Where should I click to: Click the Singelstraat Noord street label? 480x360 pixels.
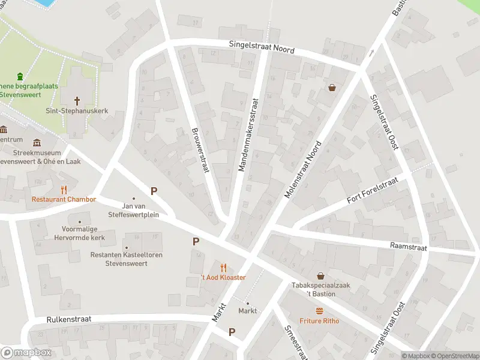click(262, 47)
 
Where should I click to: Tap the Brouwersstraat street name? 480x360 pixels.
click(199, 150)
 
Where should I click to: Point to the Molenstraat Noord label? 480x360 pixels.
click(304, 169)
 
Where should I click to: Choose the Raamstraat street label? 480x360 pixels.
click(408, 246)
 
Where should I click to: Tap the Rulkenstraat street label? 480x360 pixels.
click(69, 319)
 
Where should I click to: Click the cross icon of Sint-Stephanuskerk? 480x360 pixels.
click(77, 100)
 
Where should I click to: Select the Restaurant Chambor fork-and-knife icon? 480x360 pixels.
click(64, 189)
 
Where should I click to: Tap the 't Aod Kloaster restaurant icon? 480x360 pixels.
click(223, 268)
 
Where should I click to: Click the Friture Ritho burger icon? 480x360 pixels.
click(319, 311)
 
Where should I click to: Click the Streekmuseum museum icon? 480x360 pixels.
click(38, 143)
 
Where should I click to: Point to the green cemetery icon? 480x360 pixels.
click(20, 76)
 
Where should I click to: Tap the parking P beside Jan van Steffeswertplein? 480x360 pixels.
click(154, 191)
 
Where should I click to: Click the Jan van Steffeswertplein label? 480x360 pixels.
click(133, 210)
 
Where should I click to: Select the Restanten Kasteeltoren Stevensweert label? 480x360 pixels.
click(126, 259)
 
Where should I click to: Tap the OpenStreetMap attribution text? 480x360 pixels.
click(455, 356)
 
